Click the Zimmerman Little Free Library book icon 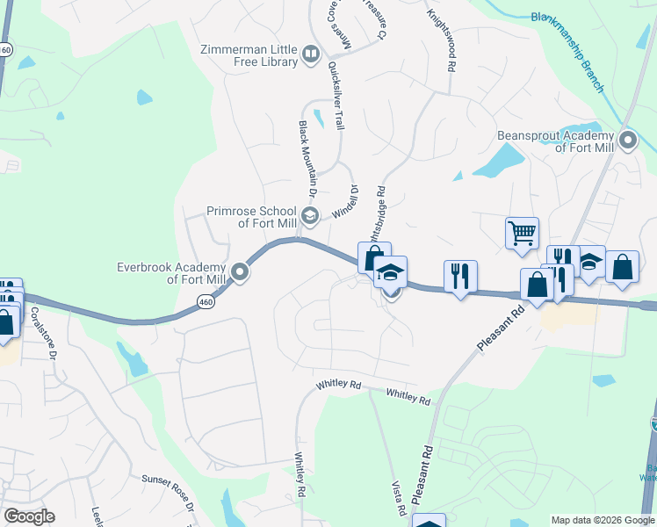tap(310, 55)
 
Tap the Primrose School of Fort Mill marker tap(309, 215)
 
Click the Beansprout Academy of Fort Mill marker tap(627, 141)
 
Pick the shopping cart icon tap(522, 233)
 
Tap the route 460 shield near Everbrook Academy tap(205, 301)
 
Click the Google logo tap(29, 516)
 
